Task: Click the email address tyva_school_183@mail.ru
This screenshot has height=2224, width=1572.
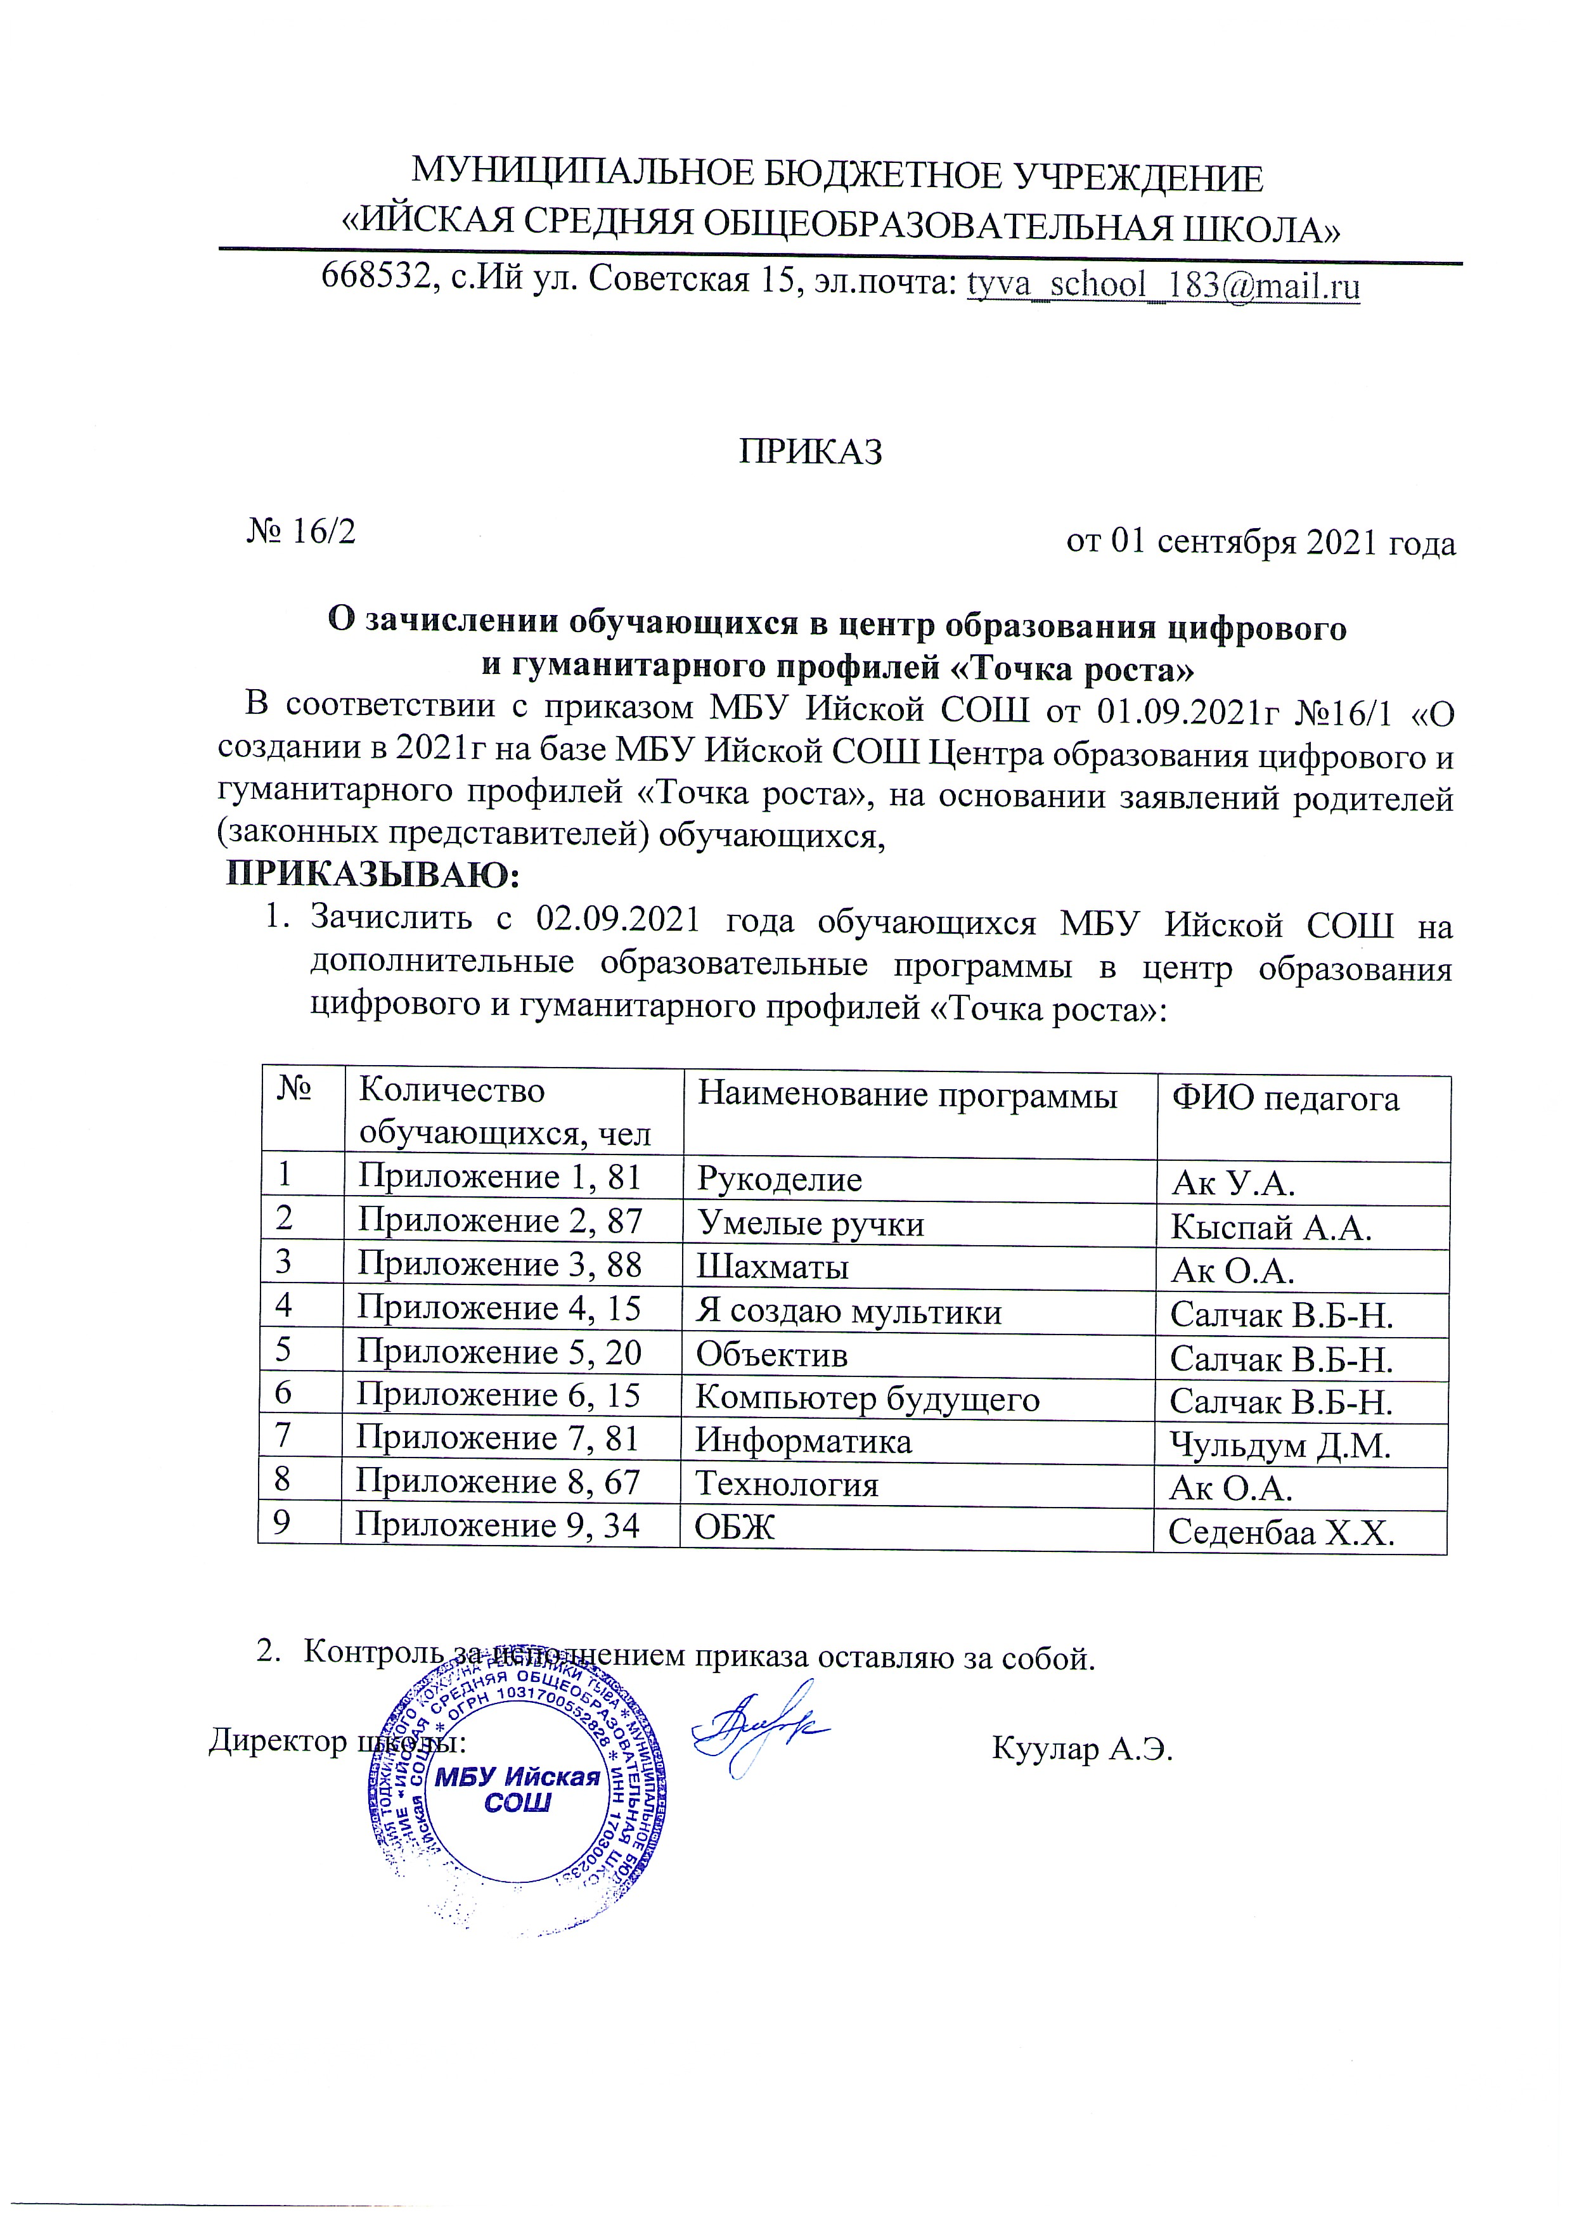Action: point(1163,286)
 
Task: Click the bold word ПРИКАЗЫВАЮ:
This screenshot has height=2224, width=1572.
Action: point(374,877)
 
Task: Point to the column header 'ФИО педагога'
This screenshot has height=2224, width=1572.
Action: point(1285,1099)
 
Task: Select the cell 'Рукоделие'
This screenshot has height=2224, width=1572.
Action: point(779,1180)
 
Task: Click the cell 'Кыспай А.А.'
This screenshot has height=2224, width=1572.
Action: point(1271,1228)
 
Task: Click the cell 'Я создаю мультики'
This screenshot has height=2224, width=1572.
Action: point(849,1312)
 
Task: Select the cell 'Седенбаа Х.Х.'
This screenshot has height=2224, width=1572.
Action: point(1282,1532)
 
